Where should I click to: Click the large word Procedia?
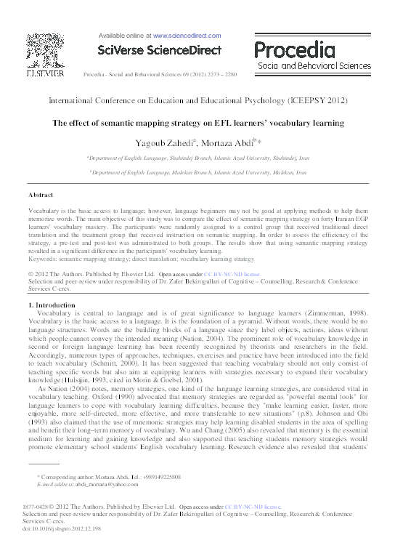301,50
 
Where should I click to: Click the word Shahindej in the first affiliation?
176,157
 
